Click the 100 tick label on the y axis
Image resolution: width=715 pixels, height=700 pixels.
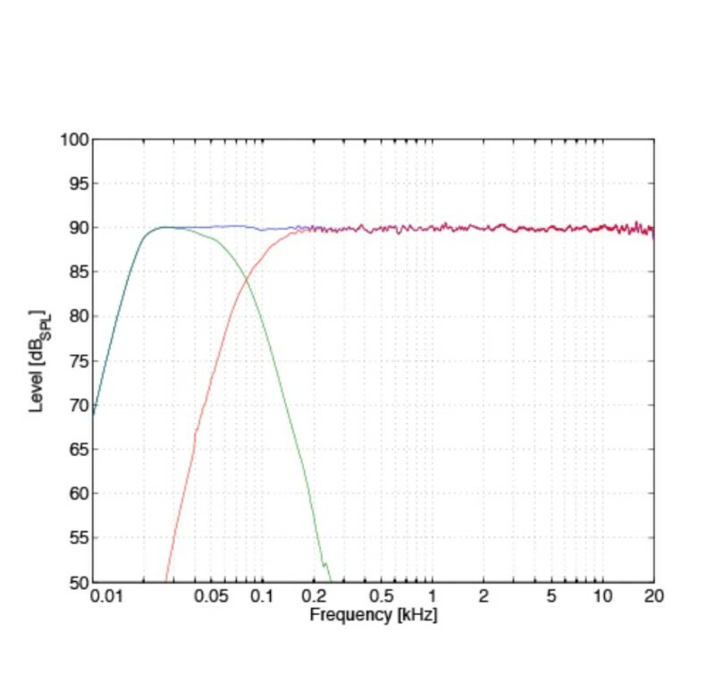pyautogui.click(x=73, y=139)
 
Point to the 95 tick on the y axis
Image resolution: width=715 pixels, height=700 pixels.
pyautogui.click(x=77, y=184)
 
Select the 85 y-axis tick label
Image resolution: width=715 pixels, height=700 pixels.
pyautogui.click(x=77, y=273)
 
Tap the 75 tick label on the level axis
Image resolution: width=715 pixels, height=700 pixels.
pyautogui.click(x=77, y=361)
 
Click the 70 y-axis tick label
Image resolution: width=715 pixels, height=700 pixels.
pyautogui.click(x=77, y=405)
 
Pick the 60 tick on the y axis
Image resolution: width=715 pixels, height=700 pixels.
pyautogui.click(x=77, y=493)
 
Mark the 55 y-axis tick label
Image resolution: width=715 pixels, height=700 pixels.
pyautogui.click(x=77, y=538)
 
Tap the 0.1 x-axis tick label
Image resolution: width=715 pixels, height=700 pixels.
pyautogui.click(x=261, y=596)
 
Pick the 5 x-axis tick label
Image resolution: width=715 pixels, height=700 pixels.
pyautogui.click(x=551, y=596)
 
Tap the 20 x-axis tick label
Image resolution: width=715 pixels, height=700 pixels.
pyautogui.click(x=653, y=596)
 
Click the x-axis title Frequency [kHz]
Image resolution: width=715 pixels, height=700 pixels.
pyautogui.click(x=374, y=615)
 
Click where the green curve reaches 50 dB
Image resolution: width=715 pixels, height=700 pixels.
pyautogui.click(x=331, y=581)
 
